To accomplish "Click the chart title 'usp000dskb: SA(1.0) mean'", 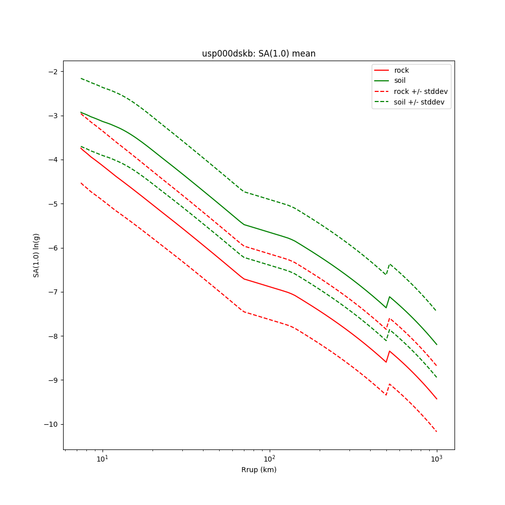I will (259, 54).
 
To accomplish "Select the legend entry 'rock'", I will (401, 70).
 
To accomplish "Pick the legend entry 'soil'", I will (400, 81).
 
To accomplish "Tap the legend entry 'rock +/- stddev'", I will (421, 91).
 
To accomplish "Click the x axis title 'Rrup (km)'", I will (259, 470).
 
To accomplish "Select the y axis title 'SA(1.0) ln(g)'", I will (36, 255).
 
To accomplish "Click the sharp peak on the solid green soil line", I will (389, 297).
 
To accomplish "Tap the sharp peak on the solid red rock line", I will (389, 351).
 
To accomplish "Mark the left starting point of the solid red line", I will (81, 148).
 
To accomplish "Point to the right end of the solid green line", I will (436, 344).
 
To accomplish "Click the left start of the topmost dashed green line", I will (81, 78).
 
